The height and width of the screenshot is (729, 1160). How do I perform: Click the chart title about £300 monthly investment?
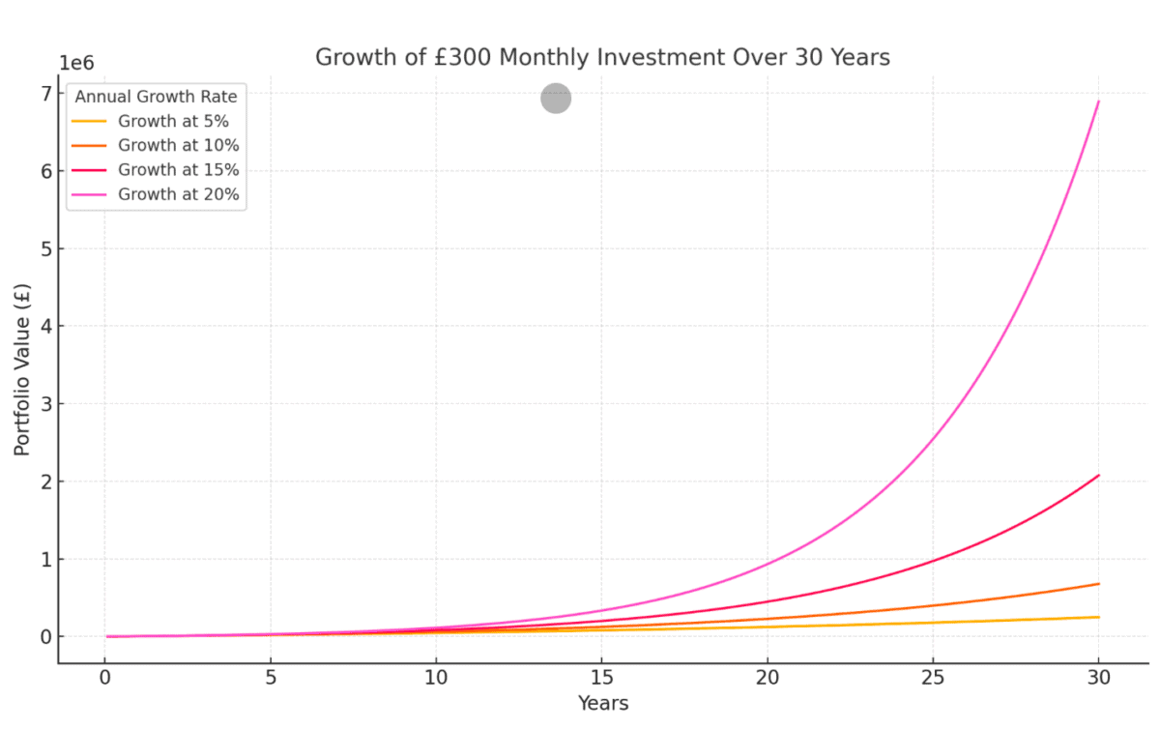[601, 58]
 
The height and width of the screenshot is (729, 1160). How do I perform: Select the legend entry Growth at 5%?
[173, 122]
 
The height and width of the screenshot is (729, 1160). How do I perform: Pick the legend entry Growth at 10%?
[178, 146]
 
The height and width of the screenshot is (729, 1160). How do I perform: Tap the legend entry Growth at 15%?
[178, 170]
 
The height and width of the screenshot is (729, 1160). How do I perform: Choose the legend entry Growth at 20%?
[178, 194]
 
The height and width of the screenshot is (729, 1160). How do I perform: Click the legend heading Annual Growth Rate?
[156, 97]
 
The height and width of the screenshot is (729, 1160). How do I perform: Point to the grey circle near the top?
[556, 98]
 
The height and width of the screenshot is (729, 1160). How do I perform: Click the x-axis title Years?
[602, 704]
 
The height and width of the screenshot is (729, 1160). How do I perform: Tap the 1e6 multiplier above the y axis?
[76, 63]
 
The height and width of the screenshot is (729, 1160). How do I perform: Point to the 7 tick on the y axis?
[44, 94]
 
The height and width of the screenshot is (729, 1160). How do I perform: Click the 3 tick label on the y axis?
[44, 404]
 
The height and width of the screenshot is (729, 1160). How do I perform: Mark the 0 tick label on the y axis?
[44, 637]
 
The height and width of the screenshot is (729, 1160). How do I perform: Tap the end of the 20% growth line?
[1098, 102]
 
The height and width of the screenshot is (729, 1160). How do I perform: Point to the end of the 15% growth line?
[1098, 476]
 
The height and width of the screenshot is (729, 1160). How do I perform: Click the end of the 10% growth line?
[1098, 584]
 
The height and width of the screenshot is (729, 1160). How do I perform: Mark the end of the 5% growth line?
[1098, 617]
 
